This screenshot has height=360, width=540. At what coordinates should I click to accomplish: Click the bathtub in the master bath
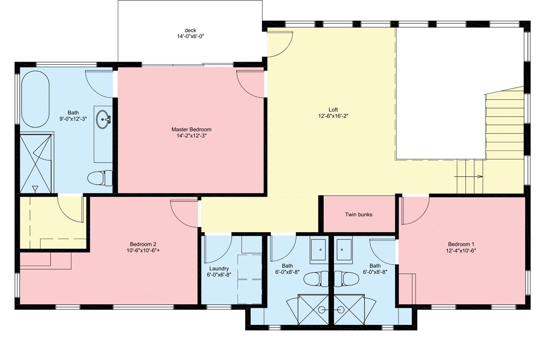tap(36, 99)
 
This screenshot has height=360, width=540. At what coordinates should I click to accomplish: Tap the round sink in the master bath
tap(103, 119)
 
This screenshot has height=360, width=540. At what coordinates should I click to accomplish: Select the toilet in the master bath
tap(100, 178)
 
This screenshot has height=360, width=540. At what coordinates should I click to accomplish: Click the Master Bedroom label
tap(191, 130)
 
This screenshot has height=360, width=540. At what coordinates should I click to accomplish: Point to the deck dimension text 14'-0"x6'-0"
tap(190, 36)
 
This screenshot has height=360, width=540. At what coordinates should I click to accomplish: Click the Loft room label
tap(333, 110)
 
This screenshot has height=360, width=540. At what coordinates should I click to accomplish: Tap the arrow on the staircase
tap(468, 176)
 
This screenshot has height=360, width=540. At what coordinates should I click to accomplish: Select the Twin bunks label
tap(359, 215)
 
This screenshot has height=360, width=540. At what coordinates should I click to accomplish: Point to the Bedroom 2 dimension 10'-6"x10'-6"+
tap(143, 251)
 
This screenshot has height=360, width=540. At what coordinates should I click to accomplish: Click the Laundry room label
tap(219, 268)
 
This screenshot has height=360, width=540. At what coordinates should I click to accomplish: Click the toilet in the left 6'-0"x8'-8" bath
tap(316, 279)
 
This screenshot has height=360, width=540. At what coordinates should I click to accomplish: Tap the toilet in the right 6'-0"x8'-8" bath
tap(346, 279)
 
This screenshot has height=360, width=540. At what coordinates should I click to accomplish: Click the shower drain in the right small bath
tap(340, 309)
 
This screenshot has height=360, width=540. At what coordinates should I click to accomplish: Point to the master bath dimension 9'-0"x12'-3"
tap(73, 119)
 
